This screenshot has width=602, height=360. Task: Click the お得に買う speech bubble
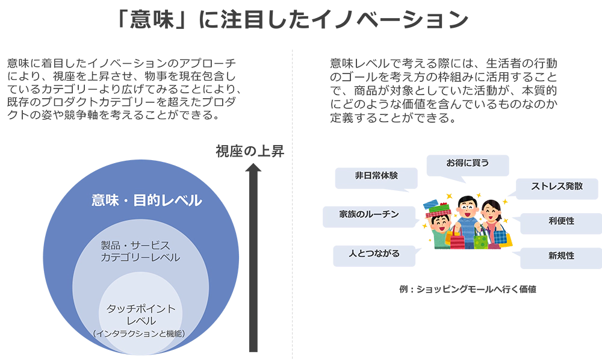coord(467,163)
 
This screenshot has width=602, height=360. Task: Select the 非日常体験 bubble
coord(376,176)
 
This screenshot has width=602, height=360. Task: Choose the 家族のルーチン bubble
coord(361,215)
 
